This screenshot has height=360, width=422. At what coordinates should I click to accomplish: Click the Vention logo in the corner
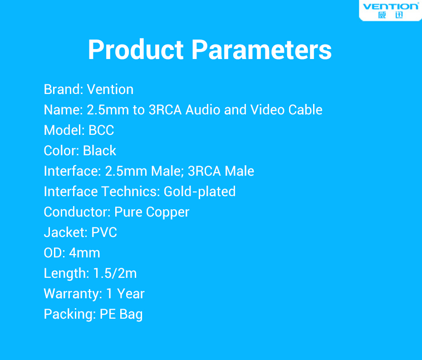[391, 10]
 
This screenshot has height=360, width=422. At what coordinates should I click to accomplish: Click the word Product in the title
[136, 49]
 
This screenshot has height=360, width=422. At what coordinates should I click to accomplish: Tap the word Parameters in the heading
[261, 49]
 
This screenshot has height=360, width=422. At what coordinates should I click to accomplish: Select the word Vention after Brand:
[110, 89]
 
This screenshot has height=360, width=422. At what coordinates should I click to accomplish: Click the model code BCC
[101, 130]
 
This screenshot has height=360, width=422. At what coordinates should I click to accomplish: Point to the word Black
[99, 151]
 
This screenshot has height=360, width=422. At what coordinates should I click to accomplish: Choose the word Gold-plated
[199, 192]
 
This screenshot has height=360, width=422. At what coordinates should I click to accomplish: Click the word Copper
[168, 212]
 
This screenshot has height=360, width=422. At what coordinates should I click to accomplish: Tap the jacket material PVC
[104, 232]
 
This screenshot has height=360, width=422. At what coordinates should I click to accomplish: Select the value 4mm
[84, 253]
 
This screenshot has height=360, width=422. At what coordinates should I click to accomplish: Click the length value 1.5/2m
[115, 273]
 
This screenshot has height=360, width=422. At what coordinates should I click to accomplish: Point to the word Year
[131, 294]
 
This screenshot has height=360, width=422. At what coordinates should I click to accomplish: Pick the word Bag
[131, 315]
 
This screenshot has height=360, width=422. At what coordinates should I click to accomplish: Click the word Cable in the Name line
[305, 109]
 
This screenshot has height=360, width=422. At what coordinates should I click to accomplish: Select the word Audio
[203, 109]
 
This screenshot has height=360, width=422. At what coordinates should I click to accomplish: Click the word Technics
[131, 192]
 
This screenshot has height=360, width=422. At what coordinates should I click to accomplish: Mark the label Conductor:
[77, 212]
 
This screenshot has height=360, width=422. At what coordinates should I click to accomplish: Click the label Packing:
[70, 315]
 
